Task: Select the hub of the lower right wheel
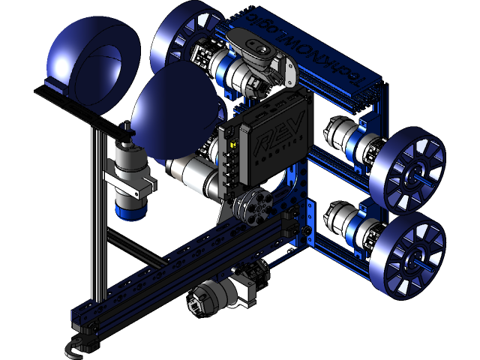pos(412,258)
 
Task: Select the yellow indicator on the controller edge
pos(233,144)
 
